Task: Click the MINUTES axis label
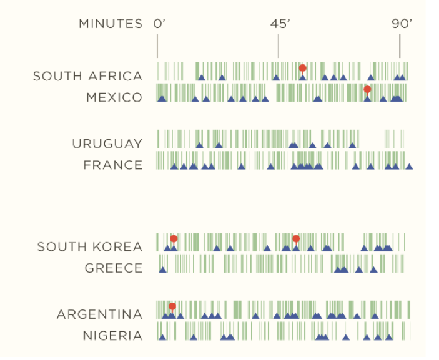coord(111,24)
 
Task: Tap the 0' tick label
coord(159,24)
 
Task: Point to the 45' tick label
coord(280,24)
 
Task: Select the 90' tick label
coord(402,24)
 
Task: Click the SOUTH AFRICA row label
coord(87,76)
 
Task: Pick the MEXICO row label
coord(114,97)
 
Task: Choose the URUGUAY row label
coord(107,144)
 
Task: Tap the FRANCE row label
coord(113,165)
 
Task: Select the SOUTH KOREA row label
coord(90,246)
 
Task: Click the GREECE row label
coord(114,268)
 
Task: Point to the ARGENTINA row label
coord(100,314)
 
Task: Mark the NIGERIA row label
coord(113,336)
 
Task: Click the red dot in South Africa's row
coord(302,68)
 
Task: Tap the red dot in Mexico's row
coord(367,89)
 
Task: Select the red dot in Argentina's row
coord(172,306)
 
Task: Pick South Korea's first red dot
coord(174,238)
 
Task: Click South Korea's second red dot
coord(296,238)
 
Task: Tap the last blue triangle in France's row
coord(409,167)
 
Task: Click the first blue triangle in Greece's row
coord(162,270)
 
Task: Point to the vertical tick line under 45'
coord(279,46)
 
